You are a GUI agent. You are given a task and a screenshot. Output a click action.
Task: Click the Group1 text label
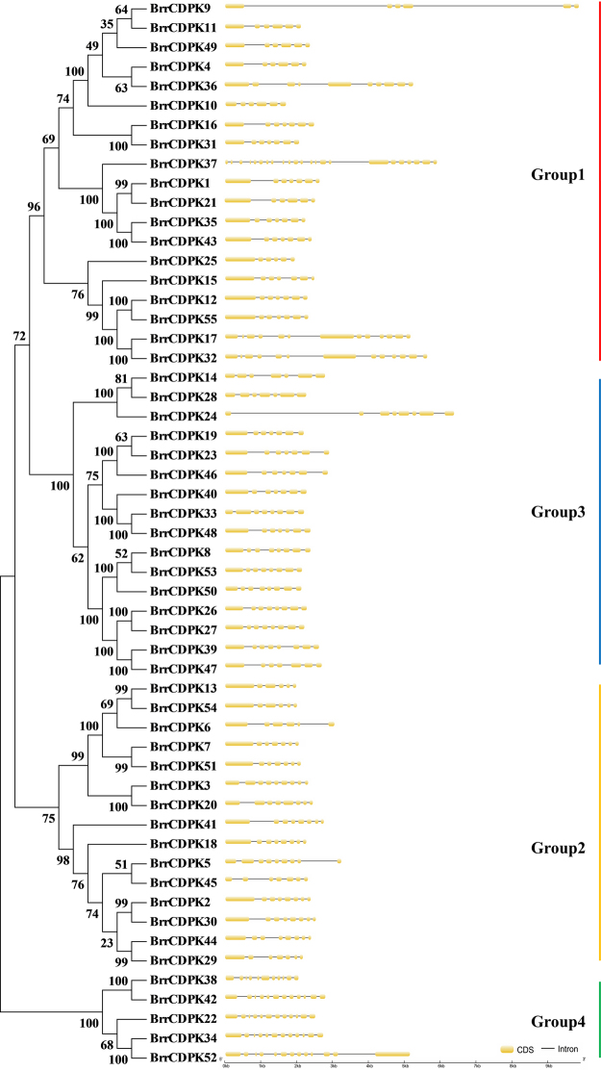point(558,175)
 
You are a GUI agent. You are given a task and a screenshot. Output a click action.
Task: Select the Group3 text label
point(558,511)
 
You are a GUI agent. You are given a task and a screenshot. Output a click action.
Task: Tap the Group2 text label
point(558,848)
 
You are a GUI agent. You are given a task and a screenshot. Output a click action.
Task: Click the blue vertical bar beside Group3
point(599,520)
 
